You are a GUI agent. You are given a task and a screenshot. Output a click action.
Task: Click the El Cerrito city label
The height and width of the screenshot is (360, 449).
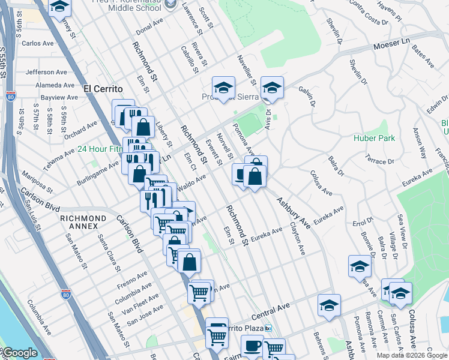click(x=103, y=89)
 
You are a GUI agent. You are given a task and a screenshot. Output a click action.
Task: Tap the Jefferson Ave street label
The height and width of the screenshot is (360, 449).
click(x=46, y=72)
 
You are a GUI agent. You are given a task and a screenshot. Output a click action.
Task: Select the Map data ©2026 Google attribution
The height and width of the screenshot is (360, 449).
click(x=412, y=355)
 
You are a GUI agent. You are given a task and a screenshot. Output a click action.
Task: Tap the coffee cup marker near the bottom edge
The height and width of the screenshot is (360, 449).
click(x=252, y=346)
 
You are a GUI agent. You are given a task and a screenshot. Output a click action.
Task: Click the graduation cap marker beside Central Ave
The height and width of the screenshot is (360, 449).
click(x=329, y=305)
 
